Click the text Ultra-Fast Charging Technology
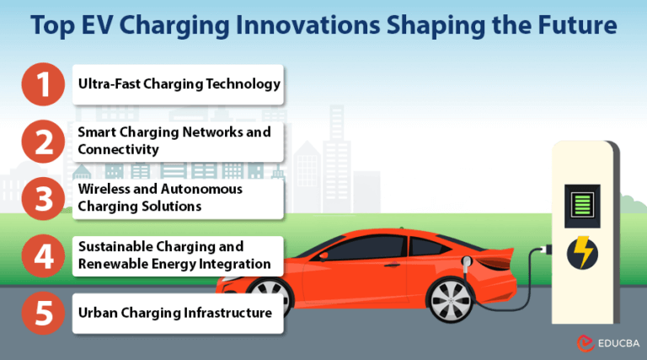point(179,84)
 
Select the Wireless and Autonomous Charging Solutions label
point(160,197)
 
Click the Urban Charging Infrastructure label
point(174,313)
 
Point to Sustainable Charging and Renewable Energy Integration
point(174,255)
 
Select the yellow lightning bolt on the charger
point(583,252)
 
